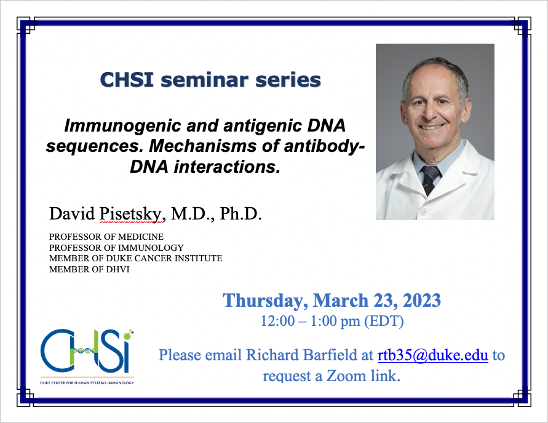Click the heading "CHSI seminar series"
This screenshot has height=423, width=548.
(210, 81)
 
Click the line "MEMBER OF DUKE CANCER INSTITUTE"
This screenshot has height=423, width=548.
(135, 258)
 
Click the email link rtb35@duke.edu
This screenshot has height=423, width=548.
(432, 355)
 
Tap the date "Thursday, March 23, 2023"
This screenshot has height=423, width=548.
(332, 300)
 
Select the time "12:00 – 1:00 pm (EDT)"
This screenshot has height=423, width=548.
(332, 320)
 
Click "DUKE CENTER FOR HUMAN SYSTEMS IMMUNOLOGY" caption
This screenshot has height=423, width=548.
(87, 382)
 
